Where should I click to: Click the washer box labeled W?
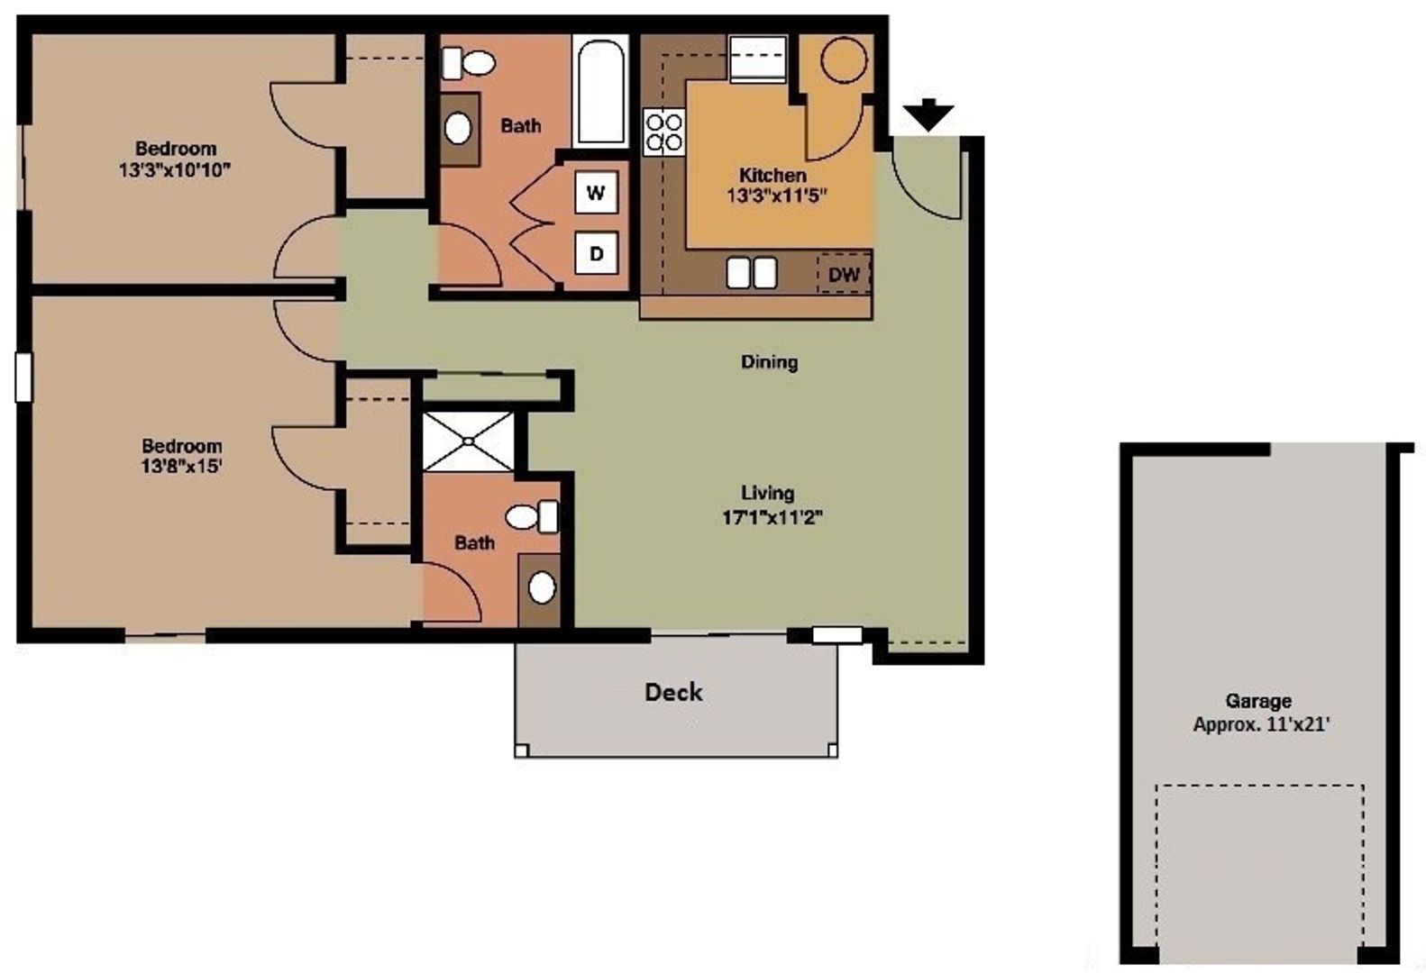[596, 192]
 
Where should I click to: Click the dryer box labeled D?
[596, 254]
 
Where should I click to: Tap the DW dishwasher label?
[844, 274]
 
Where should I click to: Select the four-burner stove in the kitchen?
[663, 132]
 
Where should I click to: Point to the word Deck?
[673, 692]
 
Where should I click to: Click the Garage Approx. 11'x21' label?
[1259, 712]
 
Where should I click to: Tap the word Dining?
[769, 362]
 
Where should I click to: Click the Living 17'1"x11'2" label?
[772, 505]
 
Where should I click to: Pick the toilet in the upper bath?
[471, 63]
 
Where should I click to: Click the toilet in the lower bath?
[532, 516]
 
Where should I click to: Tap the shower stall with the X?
[469, 441]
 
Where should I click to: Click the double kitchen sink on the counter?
[752, 272]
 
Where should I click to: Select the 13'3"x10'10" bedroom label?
[176, 159]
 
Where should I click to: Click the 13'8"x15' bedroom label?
[182, 456]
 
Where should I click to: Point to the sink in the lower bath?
[541, 588]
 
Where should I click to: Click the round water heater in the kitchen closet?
[845, 60]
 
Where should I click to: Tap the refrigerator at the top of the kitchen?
[757, 59]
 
